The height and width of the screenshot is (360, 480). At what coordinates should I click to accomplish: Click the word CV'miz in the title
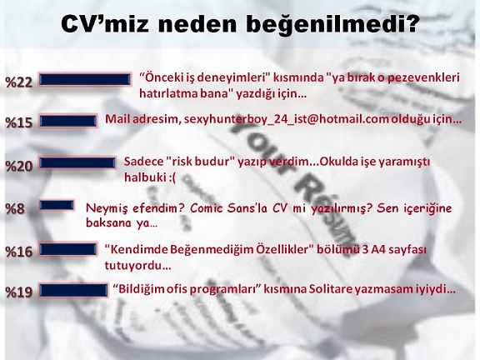click(105, 23)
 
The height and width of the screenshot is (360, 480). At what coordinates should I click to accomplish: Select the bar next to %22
click(85, 80)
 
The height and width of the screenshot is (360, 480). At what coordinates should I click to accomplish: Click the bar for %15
click(67, 121)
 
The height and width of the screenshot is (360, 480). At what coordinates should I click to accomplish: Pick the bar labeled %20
click(77, 162)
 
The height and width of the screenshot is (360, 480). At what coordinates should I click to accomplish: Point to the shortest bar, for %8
click(57, 205)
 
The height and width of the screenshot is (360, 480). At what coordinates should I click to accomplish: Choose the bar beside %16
click(68, 249)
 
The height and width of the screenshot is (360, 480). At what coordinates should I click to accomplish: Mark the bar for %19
click(73, 290)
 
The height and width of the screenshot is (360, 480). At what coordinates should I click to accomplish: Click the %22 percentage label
click(18, 82)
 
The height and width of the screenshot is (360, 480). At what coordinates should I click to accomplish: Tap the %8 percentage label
click(15, 209)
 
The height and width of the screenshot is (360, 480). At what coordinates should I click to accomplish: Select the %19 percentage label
click(18, 292)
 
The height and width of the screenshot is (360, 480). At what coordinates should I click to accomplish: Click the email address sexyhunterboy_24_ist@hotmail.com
click(286, 119)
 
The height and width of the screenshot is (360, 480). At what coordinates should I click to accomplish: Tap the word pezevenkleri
click(423, 77)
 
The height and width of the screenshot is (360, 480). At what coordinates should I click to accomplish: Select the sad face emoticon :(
click(172, 177)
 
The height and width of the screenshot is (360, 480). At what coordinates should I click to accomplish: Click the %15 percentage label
click(18, 122)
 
